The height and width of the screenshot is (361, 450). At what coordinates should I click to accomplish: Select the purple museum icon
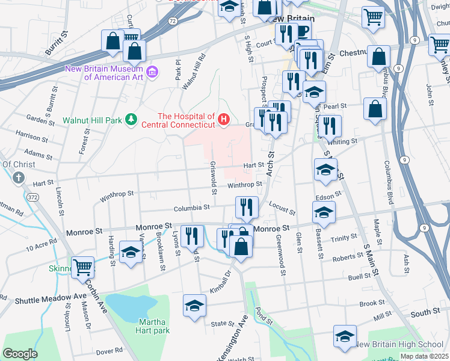tap(152, 72)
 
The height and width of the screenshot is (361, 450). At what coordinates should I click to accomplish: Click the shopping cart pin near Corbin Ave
tap(82, 267)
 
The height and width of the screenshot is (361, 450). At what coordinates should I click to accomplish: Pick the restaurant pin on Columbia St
tap(247, 208)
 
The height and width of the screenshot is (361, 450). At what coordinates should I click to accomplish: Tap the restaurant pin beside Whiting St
tap(330, 126)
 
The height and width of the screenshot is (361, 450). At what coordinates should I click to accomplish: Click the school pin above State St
tap(194, 306)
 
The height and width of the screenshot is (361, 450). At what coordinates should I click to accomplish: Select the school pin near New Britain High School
tap(345, 336)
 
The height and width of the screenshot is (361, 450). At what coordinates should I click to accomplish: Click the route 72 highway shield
tap(173, 21)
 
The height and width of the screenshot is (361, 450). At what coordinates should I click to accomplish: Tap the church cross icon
tap(19, 178)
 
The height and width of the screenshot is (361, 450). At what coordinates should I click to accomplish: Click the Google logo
tap(20, 354)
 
